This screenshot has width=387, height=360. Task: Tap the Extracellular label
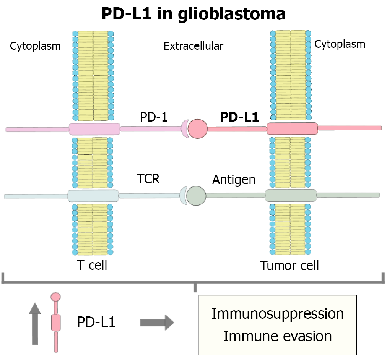[193, 46]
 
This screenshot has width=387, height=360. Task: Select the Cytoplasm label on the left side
[35, 46]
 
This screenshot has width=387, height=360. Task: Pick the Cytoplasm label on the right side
[340, 44]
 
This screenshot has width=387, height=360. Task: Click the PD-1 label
[153, 117]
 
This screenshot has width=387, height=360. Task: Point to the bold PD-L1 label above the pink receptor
[239, 117]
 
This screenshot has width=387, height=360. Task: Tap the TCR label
[148, 178]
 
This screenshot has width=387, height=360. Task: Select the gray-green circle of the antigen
[196, 195]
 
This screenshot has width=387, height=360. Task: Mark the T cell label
[92, 265]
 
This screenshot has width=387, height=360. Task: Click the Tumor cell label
[289, 265]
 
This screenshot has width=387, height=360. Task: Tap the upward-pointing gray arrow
[34, 323]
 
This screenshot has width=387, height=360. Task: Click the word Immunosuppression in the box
[278, 314]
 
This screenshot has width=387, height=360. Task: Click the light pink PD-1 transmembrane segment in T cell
[94, 129]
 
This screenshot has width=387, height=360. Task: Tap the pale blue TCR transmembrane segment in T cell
[93, 196]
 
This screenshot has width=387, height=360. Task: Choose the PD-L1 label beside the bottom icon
[96, 323]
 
